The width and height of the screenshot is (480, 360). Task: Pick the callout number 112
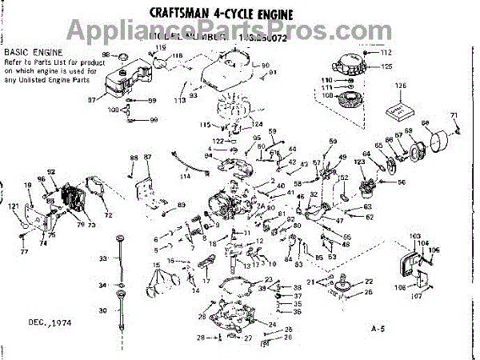tap(386, 52)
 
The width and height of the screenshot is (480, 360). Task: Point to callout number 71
tap(454, 115)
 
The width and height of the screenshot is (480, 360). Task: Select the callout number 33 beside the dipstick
tap(103, 258)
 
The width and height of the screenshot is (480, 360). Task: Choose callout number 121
tap(13, 206)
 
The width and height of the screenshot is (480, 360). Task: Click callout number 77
tap(24, 251)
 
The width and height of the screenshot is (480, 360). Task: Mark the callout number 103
tap(414, 236)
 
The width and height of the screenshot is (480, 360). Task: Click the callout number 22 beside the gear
tap(369, 281)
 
